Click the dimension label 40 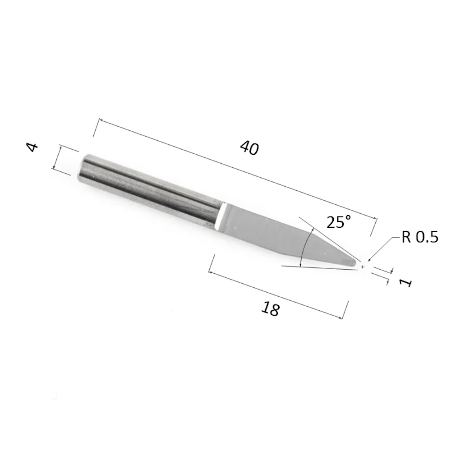coord(249,148)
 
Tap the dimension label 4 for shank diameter coord(32,147)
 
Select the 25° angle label coord(339,222)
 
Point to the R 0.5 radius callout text coord(419,237)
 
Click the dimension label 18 coord(270,309)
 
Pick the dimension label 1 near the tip coord(406,283)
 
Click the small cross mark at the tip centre coord(363,267)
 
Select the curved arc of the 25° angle coord(304,246)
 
